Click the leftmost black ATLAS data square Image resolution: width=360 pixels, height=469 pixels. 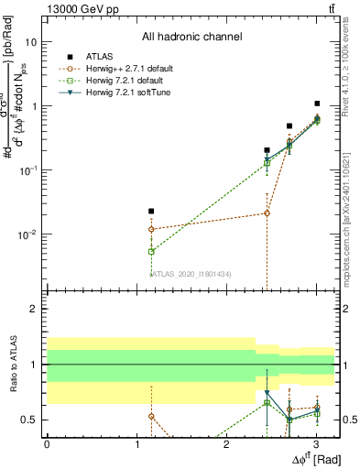click(x=151, y=211)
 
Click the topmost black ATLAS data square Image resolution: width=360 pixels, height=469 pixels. click(x=317, y=104)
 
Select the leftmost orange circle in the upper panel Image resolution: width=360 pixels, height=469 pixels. click(x=151, y=229)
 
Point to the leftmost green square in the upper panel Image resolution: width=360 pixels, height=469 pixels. click(x=151, y=251)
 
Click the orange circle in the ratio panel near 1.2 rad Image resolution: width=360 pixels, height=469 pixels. click(x=151, y=416)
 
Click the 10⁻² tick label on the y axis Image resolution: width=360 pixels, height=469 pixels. click(x=28, y=234)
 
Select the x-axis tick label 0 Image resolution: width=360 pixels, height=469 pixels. click(x=47, y=442)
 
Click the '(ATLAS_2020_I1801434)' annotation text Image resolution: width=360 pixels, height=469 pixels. click(x=191, y=273)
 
